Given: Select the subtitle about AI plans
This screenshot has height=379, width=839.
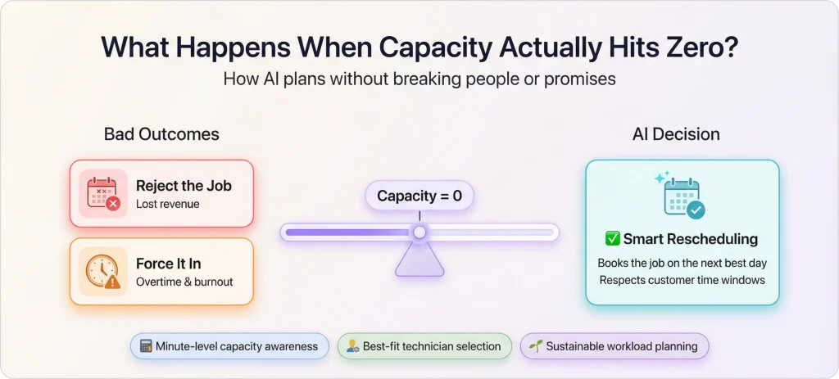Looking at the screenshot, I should point(419,79).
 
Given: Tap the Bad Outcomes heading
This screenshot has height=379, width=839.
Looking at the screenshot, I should point(161,134).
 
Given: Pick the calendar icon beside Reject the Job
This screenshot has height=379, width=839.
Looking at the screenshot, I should point(103,193).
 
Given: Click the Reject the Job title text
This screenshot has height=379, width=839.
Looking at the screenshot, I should point(184,186).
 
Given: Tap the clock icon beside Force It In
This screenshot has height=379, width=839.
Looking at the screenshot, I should point(103,272).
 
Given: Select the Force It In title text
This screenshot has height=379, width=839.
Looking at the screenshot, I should point(168,264).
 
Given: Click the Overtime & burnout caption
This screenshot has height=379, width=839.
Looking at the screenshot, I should point(184,282).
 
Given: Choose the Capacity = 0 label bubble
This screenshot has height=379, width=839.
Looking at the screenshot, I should point(419,196).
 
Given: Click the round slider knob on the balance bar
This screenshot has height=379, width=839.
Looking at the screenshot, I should point(419,232).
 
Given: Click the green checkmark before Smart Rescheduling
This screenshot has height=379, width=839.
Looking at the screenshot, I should point(612,239).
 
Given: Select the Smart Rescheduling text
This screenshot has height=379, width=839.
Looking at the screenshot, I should point(690,239).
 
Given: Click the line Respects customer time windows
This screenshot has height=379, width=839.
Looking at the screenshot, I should point(682,280).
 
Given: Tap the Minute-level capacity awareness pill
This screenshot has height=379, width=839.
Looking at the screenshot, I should point(229,346).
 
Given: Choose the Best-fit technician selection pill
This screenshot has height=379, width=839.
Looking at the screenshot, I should point(424,346).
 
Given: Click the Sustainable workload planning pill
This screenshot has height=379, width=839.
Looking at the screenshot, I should point(614,346).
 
